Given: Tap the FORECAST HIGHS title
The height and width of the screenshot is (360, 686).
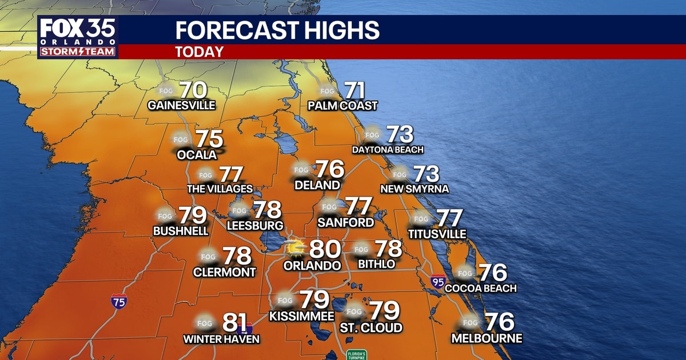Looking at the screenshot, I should (277, 30).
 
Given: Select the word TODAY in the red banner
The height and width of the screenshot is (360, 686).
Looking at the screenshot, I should (199, 52).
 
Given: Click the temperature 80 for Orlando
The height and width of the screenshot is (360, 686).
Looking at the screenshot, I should (325, 249).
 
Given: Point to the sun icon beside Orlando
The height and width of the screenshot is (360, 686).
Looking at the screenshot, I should (296, 248).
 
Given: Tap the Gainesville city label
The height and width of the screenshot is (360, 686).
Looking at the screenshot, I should (181, 105).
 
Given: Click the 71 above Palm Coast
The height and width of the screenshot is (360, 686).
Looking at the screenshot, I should (354, 90).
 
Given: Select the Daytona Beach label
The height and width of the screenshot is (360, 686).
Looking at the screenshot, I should (388, 150).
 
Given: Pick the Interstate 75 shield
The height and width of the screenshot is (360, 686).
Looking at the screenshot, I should (119, 302).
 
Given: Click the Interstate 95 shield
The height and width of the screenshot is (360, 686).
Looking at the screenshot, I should (438, 281).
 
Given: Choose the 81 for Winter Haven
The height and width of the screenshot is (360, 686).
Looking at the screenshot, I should (234, 323).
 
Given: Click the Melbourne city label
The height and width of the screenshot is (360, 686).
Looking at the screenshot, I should (486, 338).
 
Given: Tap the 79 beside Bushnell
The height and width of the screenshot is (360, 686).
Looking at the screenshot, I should (192, 215).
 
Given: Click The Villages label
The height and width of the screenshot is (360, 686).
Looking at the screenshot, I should (220, 189).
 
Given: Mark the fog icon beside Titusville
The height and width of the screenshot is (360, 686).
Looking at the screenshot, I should (421, 218).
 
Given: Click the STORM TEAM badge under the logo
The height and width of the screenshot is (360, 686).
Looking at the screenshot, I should (78, 52).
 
